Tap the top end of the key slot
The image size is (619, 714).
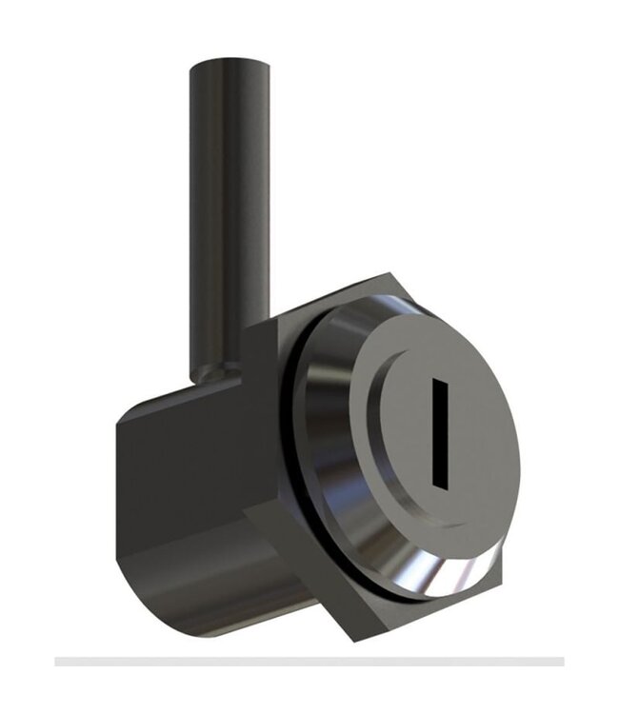[x=439, y=384]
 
